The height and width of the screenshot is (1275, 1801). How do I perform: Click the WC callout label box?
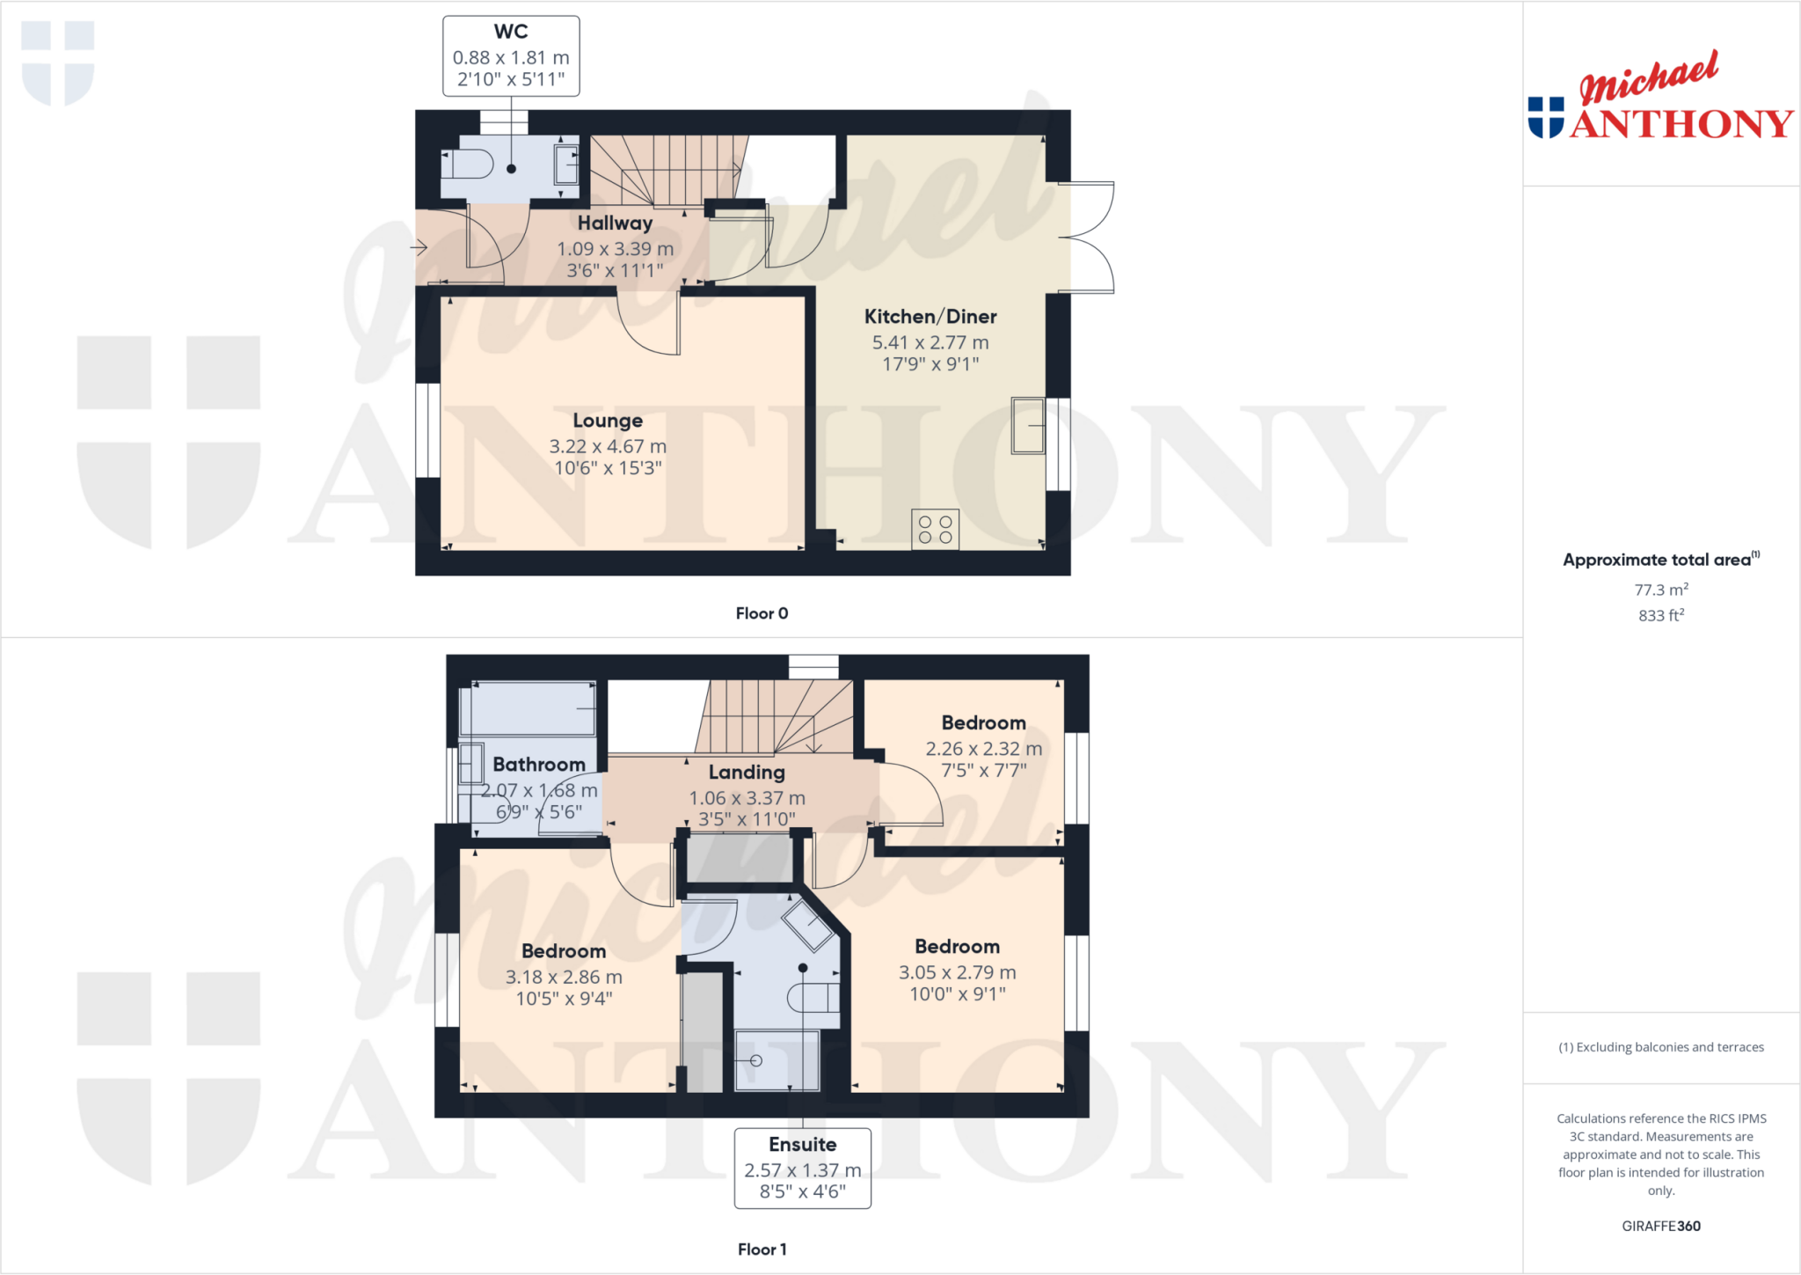[x=511, y=56]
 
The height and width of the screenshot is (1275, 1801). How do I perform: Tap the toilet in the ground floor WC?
[x=469, y=164]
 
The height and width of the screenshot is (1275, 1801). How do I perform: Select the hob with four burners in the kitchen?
[x=935, y=529]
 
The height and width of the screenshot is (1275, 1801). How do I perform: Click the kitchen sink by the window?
[x=1027, y=426]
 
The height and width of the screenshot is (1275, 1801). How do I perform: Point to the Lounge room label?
[x=608, y=421]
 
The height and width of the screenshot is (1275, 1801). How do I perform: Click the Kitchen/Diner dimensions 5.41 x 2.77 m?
[x=930, y=342]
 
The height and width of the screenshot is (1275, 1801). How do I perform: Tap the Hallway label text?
[x=615, y=223]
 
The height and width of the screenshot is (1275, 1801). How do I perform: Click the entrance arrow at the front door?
[x=419, y=248]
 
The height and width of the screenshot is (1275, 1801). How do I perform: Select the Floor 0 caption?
[x=762, y=613]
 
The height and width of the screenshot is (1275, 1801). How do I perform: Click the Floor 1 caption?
[x=762, y=1249]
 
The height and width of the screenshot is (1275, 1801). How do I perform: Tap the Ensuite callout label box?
[x=802, y=1168]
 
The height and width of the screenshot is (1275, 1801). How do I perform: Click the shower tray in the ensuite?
[x=777, y=1059]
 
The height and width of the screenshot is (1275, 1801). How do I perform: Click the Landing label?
[x=747, y=773]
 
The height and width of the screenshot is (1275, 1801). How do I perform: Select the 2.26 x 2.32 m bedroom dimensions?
[x=983, y=749]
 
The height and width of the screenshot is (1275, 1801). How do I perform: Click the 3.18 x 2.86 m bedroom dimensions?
[x=564, y=977]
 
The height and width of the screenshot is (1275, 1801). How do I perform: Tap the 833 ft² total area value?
[x=1660, y=616]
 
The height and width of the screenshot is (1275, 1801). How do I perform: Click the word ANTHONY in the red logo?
[x=1681, y=124]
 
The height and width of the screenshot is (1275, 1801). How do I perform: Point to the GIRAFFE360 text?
[x=1660, y=1226]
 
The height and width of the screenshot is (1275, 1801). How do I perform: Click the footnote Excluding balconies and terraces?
[x=1660, y=1047]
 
